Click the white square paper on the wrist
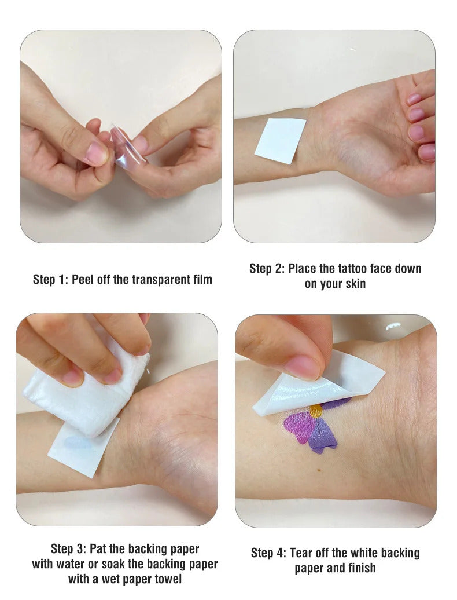tap(281, 141)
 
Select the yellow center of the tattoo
tap(316, 411)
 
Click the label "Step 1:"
tap(50, 280)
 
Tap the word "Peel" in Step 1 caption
tap(83, 280)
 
